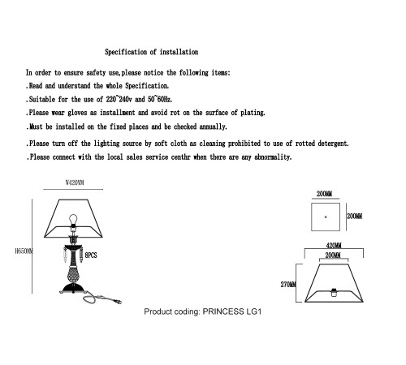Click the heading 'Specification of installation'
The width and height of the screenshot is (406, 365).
(152, 52)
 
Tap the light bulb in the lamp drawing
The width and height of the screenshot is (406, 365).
(73, 219)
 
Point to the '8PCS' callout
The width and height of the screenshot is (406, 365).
(91, 255)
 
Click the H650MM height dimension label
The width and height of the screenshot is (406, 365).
(24, 251)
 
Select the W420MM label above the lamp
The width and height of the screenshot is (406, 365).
(75, 182)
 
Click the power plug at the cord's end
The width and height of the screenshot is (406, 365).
(118, 302)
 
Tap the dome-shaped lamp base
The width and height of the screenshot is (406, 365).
(73, 288)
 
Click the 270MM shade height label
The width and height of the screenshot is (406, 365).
(288, 285)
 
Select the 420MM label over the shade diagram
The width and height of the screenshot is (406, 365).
(334, 246)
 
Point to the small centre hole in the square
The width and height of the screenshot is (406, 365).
(326, 217)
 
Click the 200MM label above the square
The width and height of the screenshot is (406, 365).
(325, 194)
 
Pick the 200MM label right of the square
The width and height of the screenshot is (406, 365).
(355, 216)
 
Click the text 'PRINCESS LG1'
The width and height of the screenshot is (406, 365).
(232, 311)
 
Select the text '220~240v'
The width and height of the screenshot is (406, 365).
(119, 99)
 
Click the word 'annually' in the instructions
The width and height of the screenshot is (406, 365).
(213, 127)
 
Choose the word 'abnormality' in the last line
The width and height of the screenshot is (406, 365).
(273, 157)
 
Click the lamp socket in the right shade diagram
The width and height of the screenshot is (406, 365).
(334, 292)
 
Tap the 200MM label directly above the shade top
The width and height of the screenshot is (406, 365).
(333, 255)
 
